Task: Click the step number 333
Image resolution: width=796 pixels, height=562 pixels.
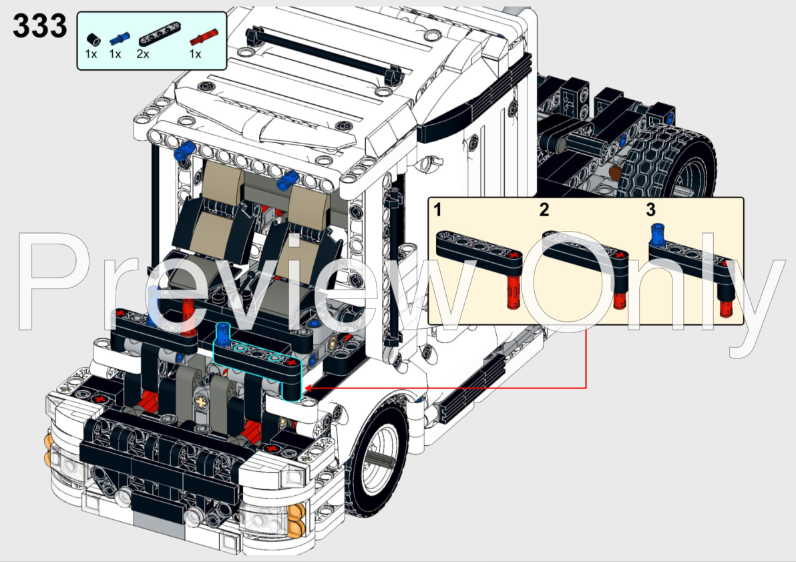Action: coord(40,27)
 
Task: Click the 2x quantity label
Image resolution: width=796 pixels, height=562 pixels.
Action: coord(143,54)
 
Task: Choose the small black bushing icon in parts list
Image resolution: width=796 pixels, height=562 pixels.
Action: coord(91,35)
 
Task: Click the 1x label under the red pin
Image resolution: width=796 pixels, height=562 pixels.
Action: coord(195,54)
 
